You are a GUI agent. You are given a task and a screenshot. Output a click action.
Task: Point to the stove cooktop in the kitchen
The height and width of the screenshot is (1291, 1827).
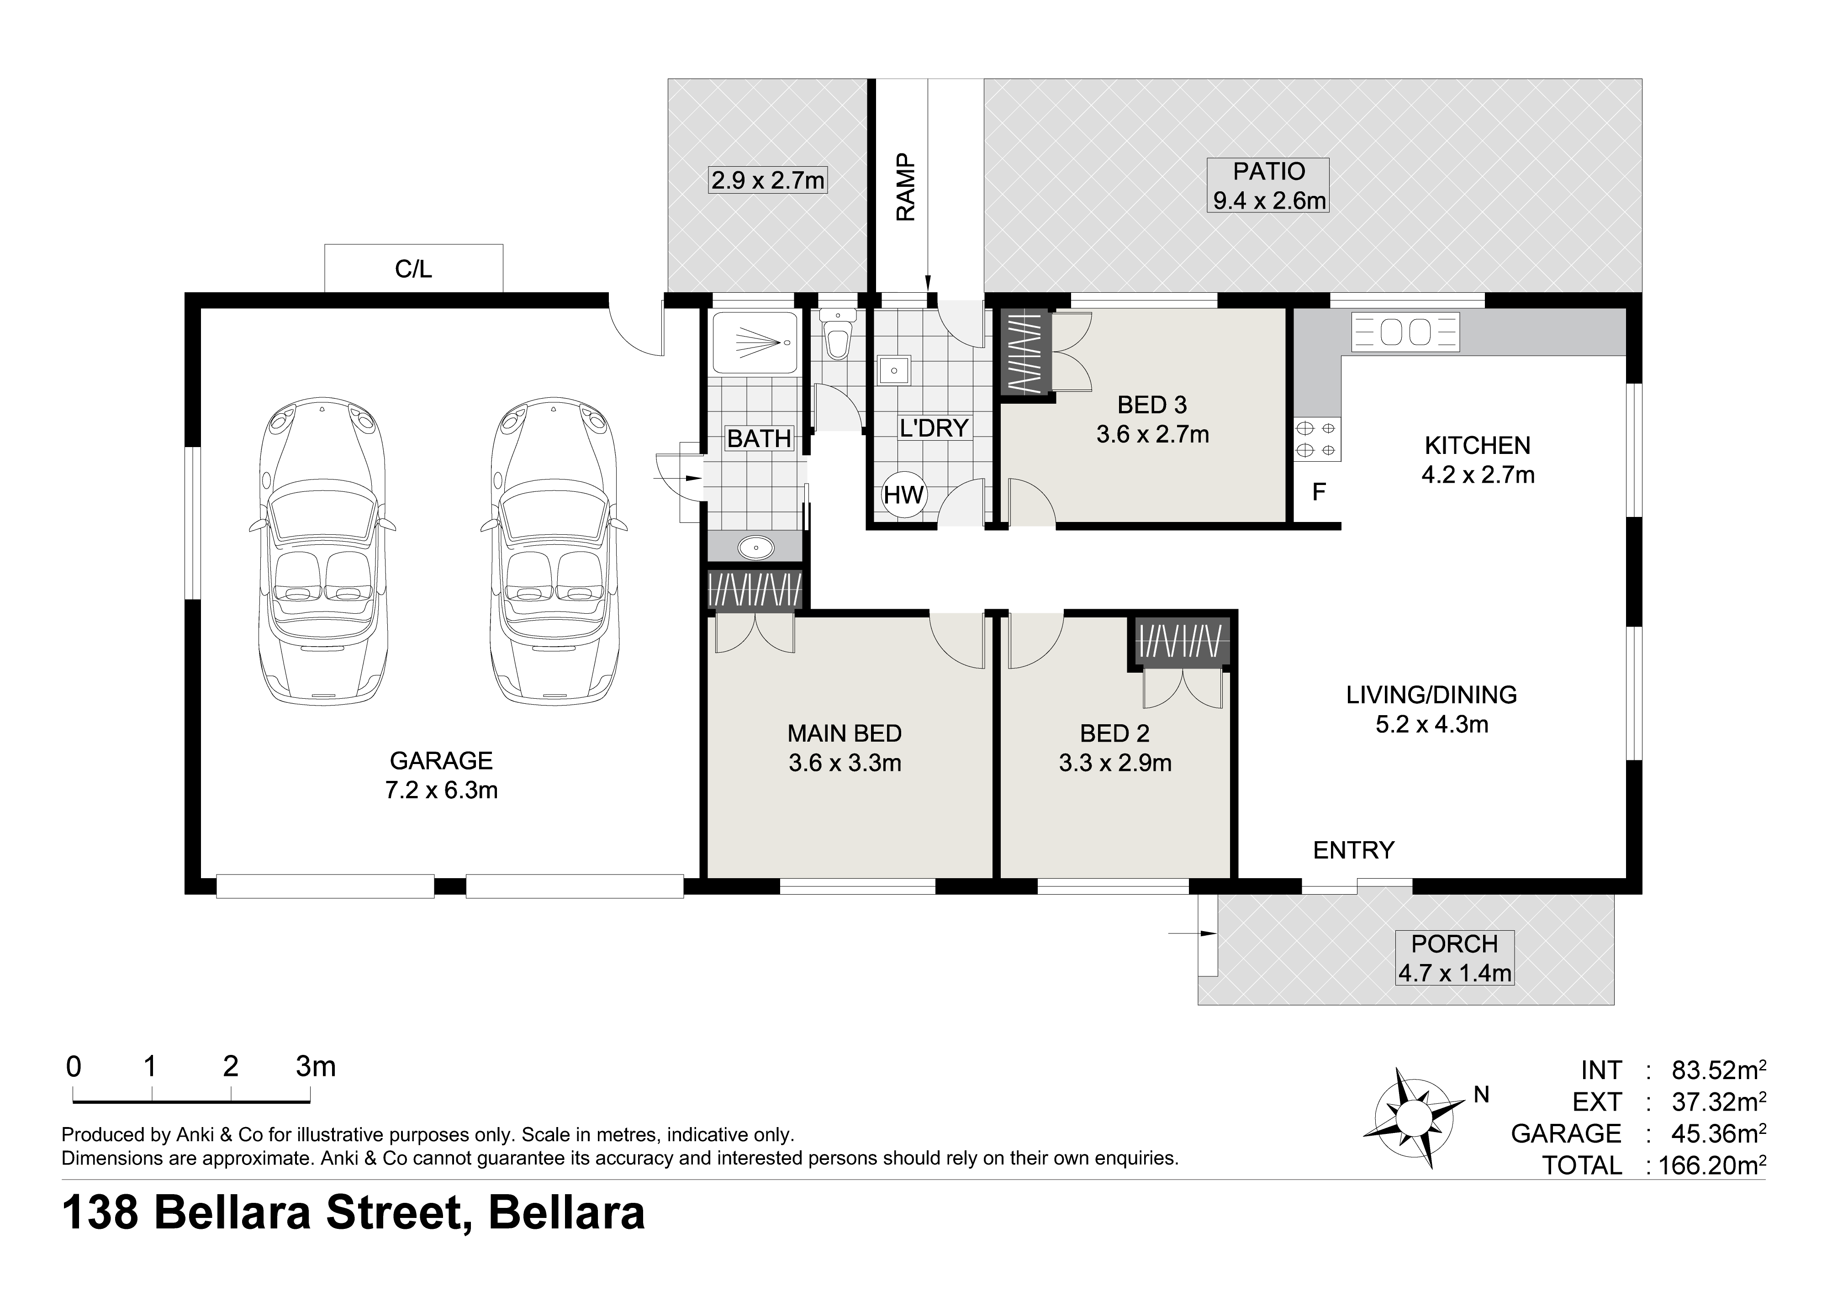point(1316,439)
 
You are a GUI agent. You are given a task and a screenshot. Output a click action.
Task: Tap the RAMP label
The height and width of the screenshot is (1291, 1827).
point(906,188)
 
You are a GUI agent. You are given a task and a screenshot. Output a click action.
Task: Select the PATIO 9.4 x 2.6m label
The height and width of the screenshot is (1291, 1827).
point(1269,185)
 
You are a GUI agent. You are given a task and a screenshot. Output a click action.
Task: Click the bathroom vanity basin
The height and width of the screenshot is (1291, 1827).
point(755,547)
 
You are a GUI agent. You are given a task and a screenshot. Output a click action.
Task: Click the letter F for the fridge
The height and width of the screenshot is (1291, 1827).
point(1319,492)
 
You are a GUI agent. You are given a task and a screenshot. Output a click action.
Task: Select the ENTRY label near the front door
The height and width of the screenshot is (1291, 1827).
point(1353,850)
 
